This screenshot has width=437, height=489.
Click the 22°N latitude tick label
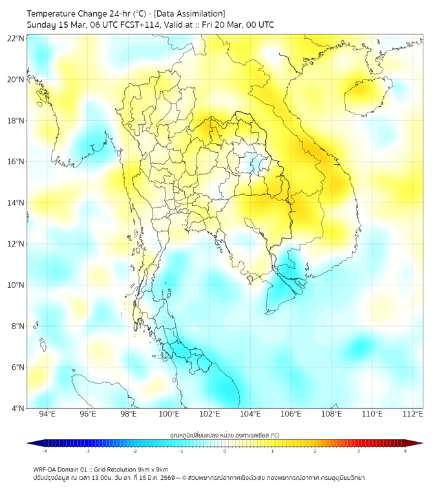(x=16, y=39)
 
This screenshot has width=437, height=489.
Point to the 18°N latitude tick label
(x=16, y=121)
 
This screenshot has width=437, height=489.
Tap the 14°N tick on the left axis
(x=16, y=203)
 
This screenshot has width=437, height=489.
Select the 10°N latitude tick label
(x=16, y=285)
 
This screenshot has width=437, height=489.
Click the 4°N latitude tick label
(x=17, y=408)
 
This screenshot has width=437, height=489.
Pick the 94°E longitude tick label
(x=47, y=415)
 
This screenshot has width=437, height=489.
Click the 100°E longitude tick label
(x=169, y=415)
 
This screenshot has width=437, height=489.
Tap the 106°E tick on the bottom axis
(x=291, y=415)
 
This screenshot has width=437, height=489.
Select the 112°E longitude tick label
(x=412, y=415)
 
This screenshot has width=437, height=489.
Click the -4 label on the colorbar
(x=45, y=451)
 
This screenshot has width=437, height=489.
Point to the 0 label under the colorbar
(x=225, y=451)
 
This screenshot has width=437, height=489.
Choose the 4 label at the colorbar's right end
(x=405, y=451)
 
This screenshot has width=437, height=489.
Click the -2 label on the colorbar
(x=134, y=451)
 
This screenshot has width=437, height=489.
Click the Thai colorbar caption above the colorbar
(x=224, y=435)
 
